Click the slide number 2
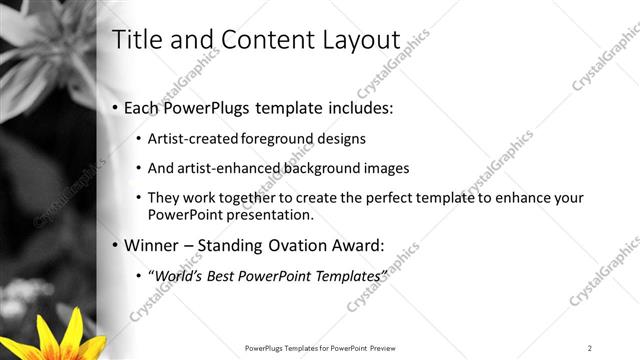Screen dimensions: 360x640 (590, 348)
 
